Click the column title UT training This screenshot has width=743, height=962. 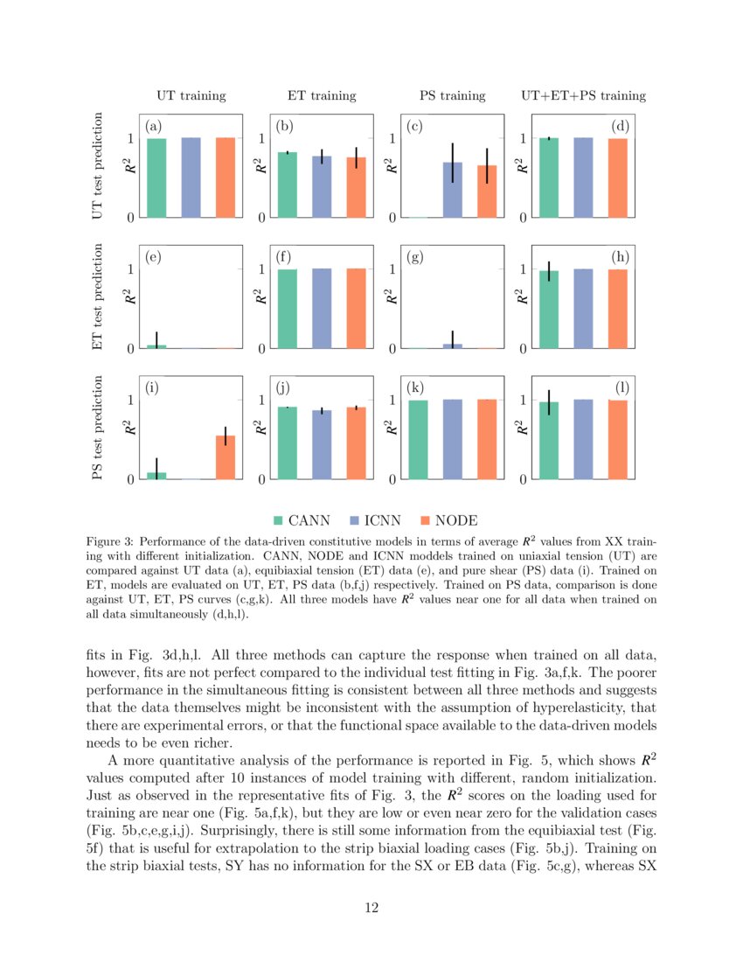(x=191, y=95)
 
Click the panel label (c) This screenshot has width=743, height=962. (x=414, y=127)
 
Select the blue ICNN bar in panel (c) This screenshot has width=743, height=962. (x=452, y=190)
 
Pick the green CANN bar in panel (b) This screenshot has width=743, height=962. (x=287, y=185)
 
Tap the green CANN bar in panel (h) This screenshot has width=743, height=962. (x=549, y=310)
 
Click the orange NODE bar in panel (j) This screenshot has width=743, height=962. (x=356, y=443)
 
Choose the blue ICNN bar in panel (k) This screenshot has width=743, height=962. (x=452, y=439)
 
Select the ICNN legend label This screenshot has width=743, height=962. (x=383, y=520)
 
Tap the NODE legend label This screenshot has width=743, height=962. (x=456, y=520)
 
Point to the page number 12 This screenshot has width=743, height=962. (x=371, y=909)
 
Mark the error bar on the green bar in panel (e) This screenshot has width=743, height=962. (x=156, y=339)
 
